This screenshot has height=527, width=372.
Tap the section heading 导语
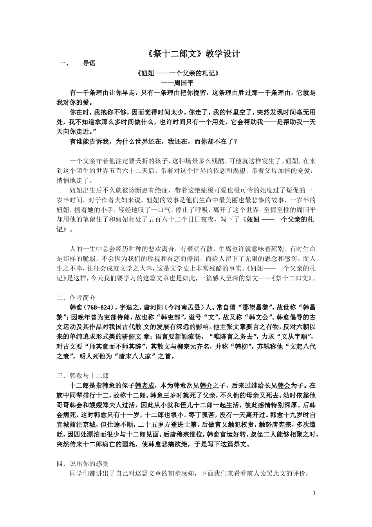point(89,64)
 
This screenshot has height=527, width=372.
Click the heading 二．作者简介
point(76,298)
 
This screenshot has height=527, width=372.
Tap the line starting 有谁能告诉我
point(153,142)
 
